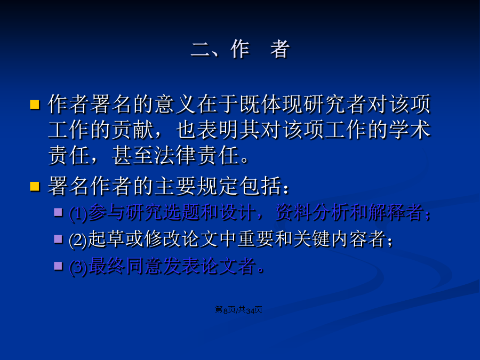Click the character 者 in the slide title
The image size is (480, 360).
pyautogui.click(x=280, y=49)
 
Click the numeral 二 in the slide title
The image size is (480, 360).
pyautogui.click(x=201, y=50)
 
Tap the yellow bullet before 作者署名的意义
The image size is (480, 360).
pyautogui.click(x=35, y=105)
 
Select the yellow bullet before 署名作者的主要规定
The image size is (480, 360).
pyautogui.click(x=35, y=186)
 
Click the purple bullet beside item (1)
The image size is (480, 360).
pyautogui.click(x=58, y=212)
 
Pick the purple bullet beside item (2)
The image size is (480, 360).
pyautogui.click(x=58, y=239)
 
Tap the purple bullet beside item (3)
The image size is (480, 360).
pyautogui.click(x=58, y=266)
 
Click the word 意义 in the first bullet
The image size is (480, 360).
pyautogui.click(x=175, y=104)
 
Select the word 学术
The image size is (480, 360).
pyautogui.click(x=410, y=130)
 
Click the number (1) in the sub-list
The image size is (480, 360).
pyautogui.click(x=78, y=213)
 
